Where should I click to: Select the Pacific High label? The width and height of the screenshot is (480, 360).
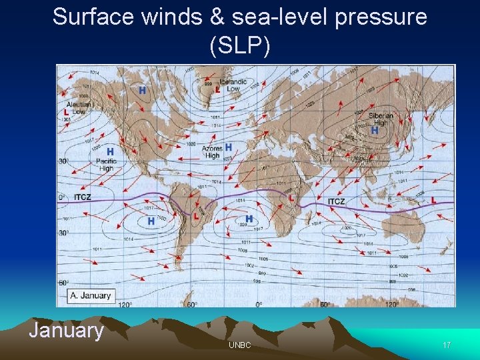[x=106, y=165]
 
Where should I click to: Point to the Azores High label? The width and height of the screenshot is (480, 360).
[x=212, y=151]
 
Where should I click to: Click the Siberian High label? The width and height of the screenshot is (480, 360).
[x=381, y=119]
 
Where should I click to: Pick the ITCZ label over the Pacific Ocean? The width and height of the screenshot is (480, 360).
[x=82, y=197]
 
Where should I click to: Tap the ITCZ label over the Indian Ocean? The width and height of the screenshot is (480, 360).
[x=337, y=201]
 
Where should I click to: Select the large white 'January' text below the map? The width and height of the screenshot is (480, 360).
[x=66, y=331]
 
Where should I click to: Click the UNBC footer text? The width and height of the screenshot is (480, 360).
[x=239, y=345]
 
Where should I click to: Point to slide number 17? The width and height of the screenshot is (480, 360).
[x=447, y=345]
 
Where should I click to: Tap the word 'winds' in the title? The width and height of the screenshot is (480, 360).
[x=171, y=17]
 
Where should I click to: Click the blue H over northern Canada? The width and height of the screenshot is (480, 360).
[x=142, y=90]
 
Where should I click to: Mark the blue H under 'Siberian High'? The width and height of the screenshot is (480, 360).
[x=375, y=131]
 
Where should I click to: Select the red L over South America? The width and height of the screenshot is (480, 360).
[x=196, y=216]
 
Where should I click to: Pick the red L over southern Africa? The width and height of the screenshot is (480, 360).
[x=291, y=197]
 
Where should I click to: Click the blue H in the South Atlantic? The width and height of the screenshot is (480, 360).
[x=249, y=218]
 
